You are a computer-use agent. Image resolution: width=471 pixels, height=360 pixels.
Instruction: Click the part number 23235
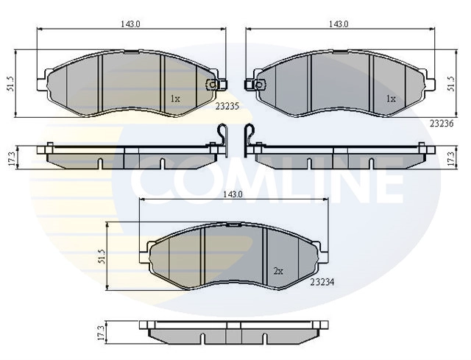(227, 106)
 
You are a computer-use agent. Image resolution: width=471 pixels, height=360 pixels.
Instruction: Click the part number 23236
(442, 124)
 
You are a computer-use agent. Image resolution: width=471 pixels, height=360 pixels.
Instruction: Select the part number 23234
(322, 282)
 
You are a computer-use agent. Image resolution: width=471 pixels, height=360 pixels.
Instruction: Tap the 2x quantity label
(278, 272)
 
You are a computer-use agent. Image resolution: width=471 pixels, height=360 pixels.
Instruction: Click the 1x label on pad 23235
(175, 98)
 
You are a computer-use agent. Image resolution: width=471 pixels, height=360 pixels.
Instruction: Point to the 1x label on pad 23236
(391, 98)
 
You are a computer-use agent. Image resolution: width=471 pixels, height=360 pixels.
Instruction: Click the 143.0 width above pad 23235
(130, 24)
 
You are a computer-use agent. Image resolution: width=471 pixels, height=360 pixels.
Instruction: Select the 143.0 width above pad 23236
(339, 24)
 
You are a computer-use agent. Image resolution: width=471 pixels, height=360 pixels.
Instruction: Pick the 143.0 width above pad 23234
(233, 194)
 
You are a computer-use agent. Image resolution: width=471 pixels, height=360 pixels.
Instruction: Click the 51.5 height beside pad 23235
(11, 83)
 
